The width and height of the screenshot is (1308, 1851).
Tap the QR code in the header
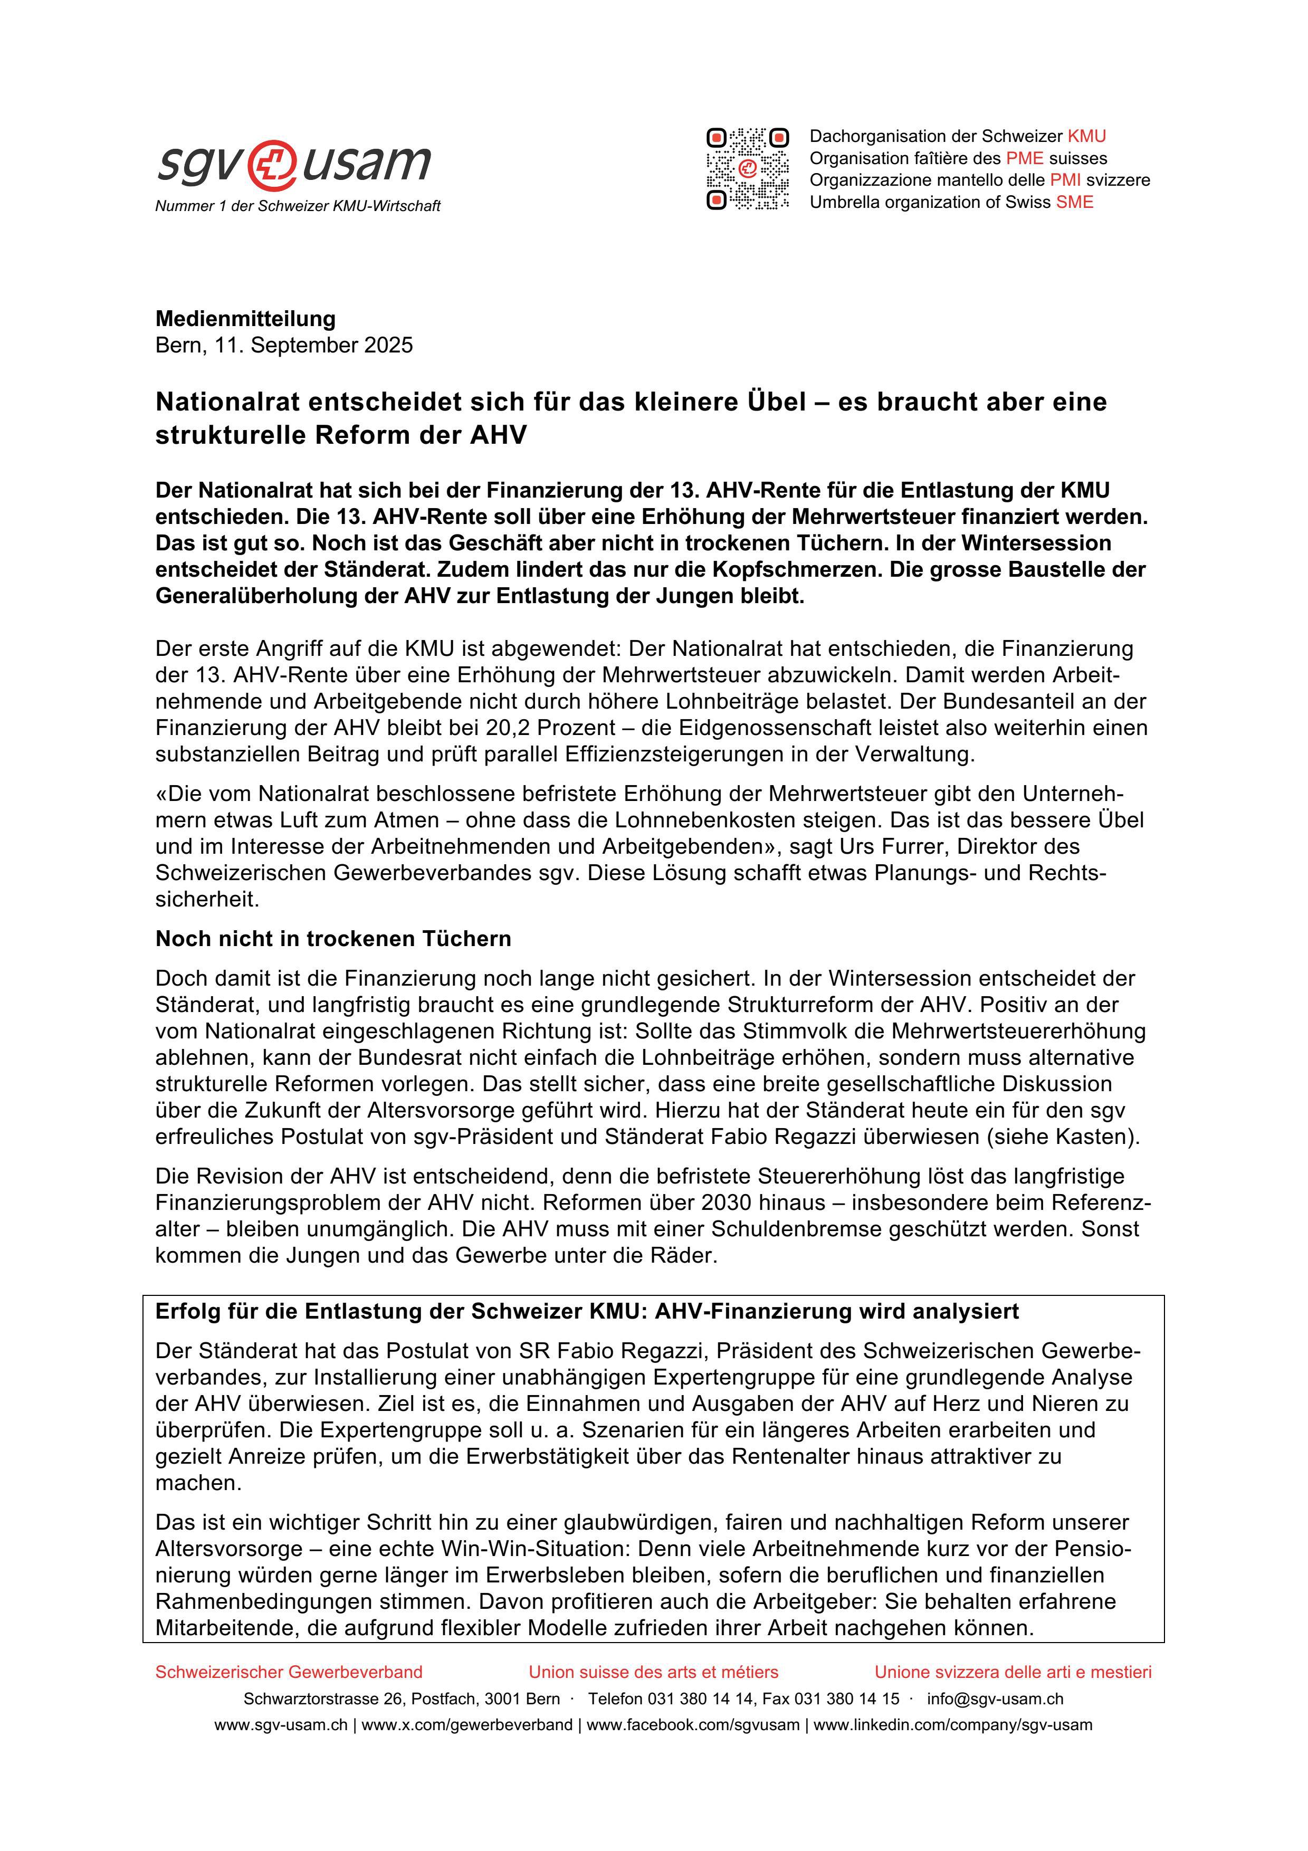click(747, 169)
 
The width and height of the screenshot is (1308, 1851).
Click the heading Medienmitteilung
click(245, 319)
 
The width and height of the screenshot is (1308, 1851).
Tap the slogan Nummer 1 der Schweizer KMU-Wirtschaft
click(298, 206)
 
